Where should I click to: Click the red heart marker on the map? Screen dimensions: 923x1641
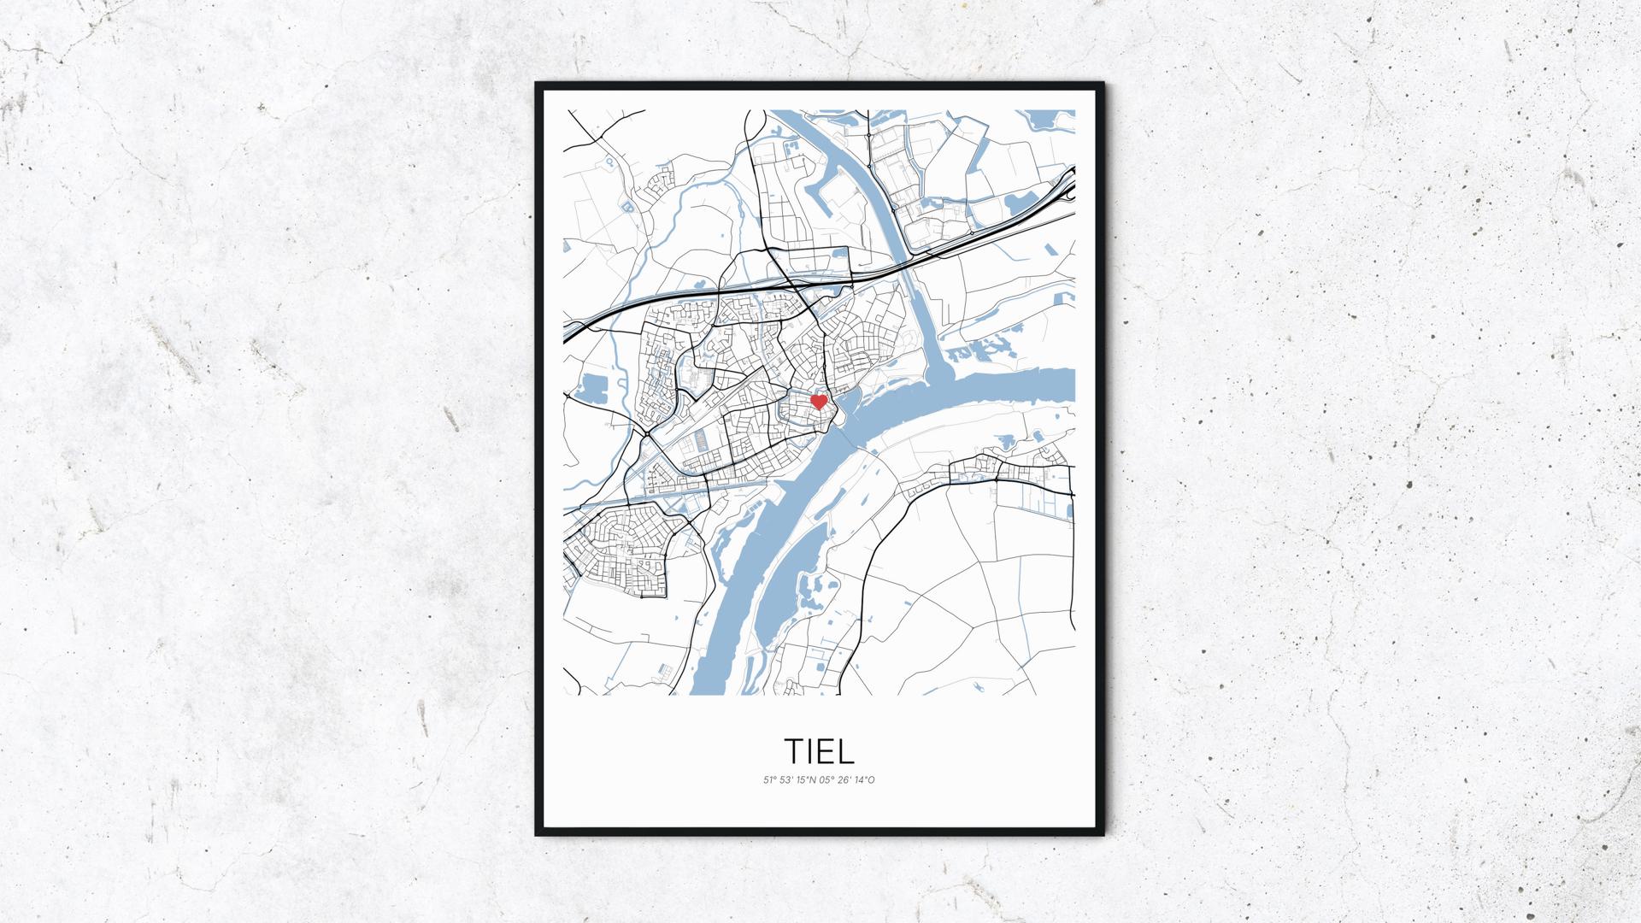pyautogui.click(x=818, y=401)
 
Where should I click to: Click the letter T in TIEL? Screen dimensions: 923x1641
pyautogui.click(x=794, y=750)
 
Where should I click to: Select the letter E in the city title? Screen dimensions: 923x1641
pyautogui.click(x=826, y=750)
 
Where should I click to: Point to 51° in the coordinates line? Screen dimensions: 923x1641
pyautogui.click(x=770, y=779)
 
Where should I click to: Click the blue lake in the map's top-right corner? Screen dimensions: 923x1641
pyautogui.click(x=1047, y=120)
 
